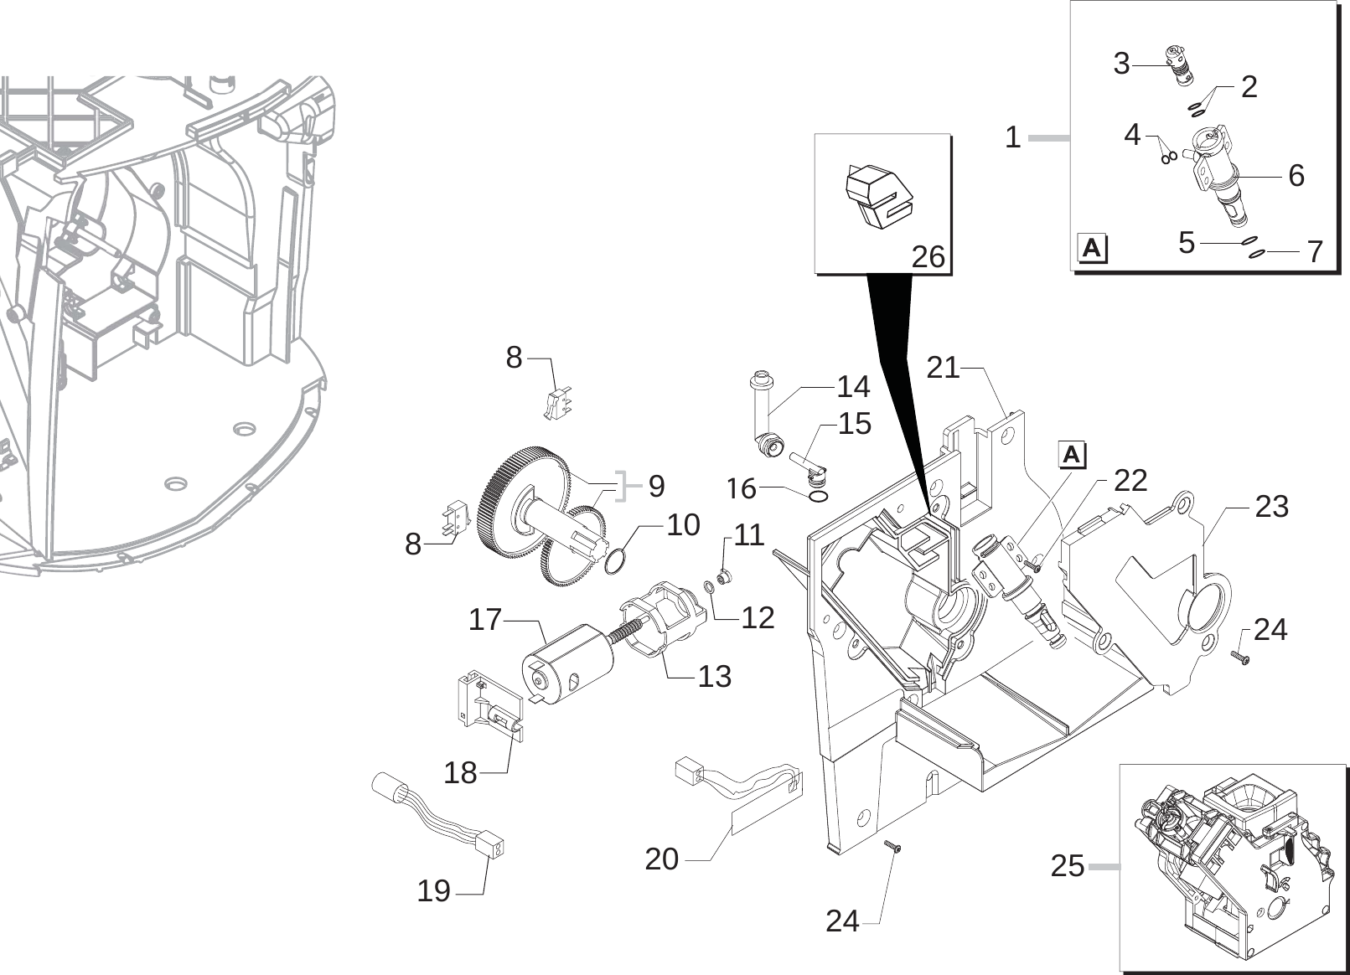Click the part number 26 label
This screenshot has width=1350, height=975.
click(x=928, y=256)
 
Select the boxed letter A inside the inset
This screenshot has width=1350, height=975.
click(x=1091, y=249)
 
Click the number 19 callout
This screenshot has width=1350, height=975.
click(x=433, y=891)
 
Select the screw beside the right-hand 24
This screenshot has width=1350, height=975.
click(x=1241, y=658)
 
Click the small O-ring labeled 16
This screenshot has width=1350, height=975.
click(x=820, y=498)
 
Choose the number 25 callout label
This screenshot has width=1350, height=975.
click(x=1067, y=866)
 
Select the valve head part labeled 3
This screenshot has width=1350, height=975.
click(x=1180, y=69)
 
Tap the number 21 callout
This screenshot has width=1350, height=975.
click(x=943, y=367)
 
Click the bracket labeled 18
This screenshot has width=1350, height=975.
click(x=489, y=704)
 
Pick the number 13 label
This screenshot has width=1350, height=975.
click(x=714, y=676)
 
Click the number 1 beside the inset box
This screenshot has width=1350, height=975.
click(x=1013, y=137)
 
